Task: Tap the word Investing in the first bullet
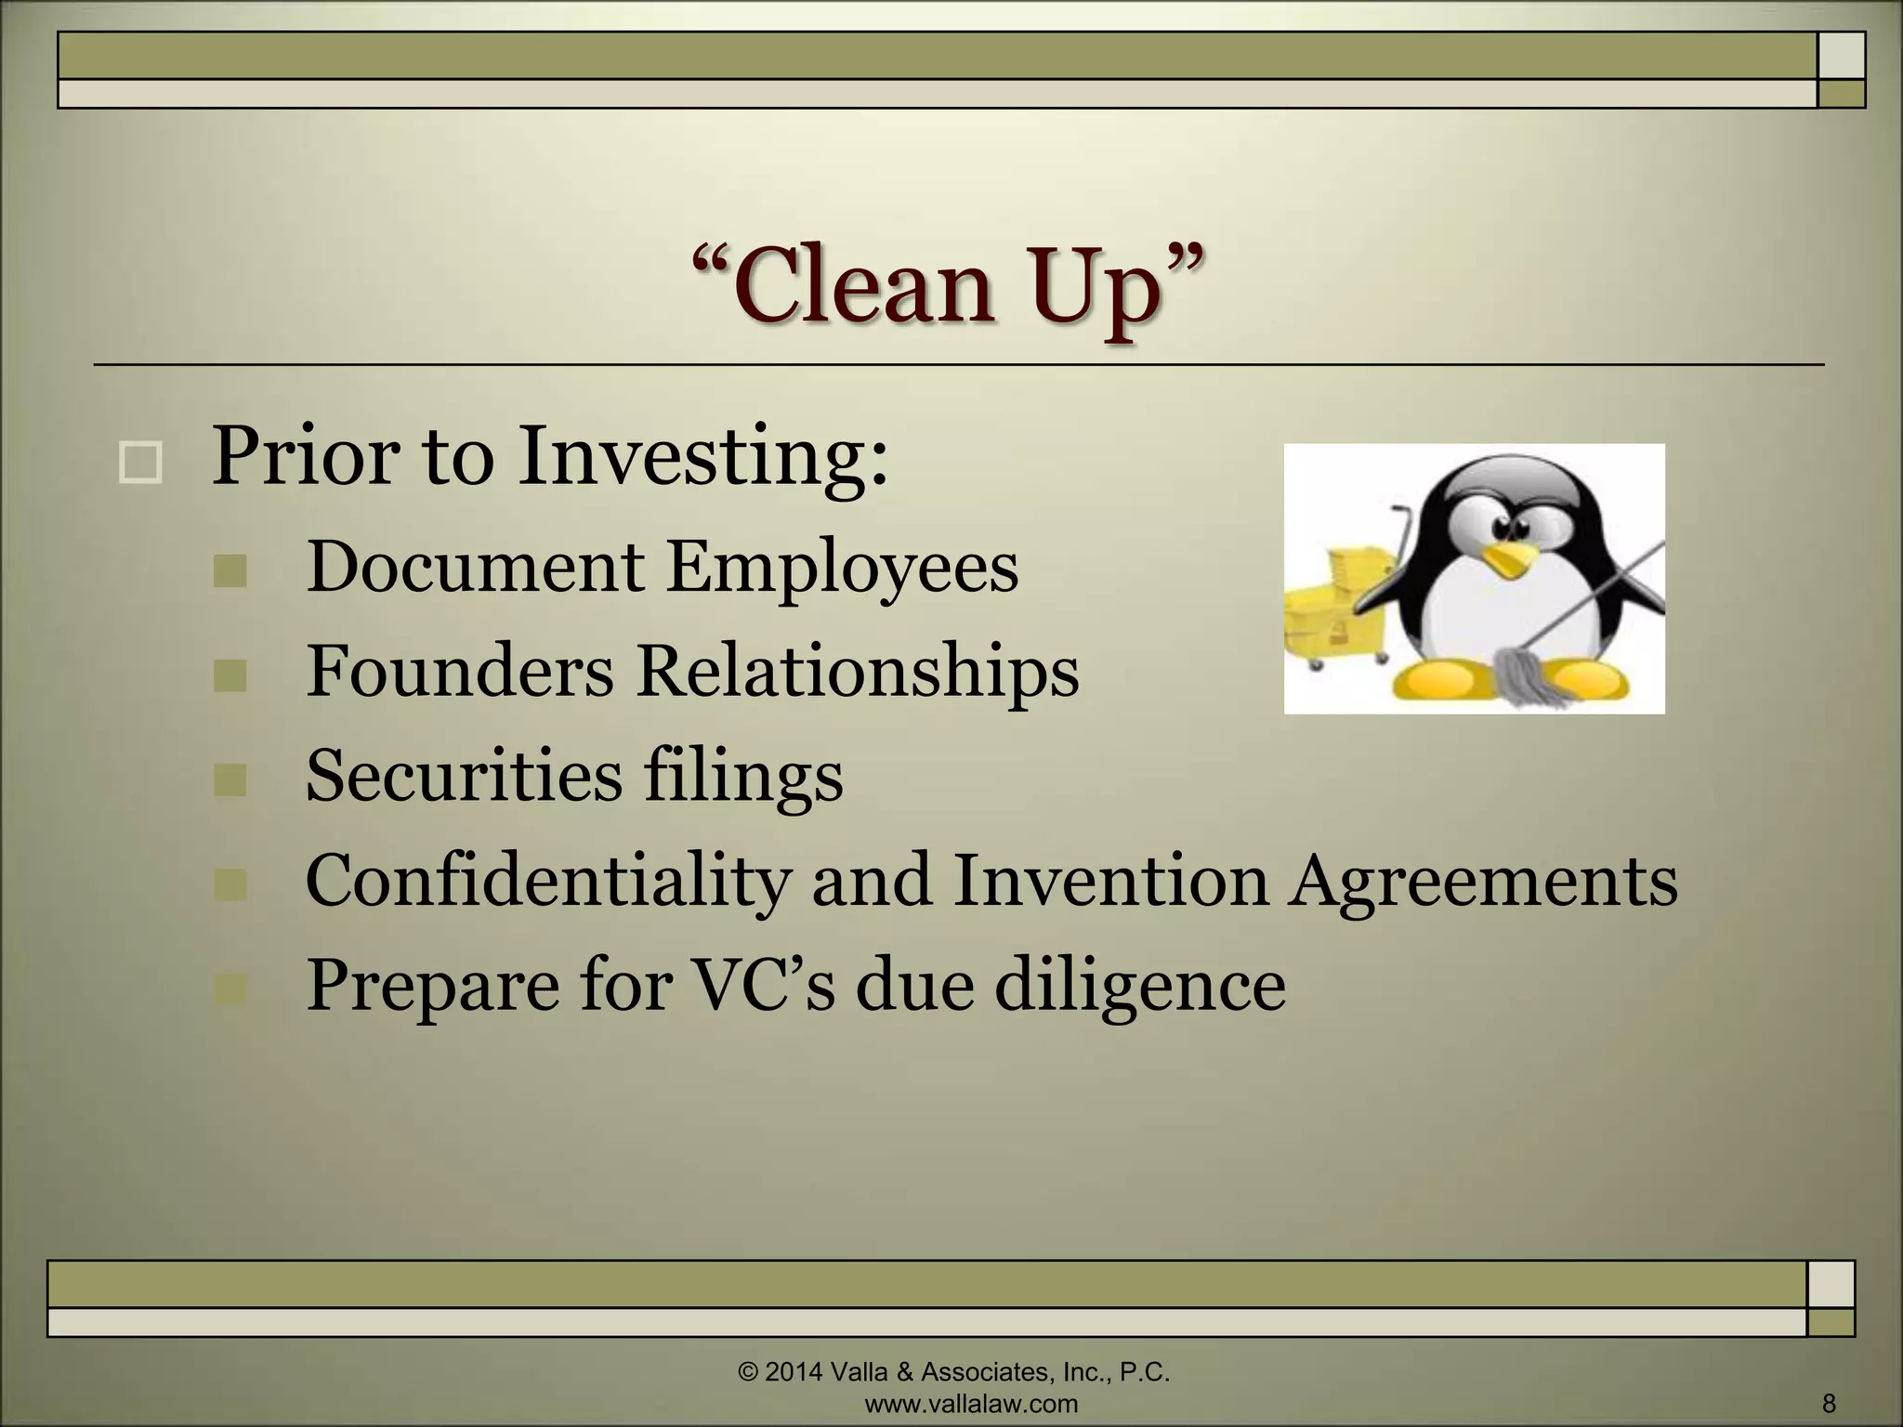[x=702, y=456]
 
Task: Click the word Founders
[x=459, y=671]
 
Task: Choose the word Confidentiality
[x=546, y=881]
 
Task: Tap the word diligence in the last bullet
[x=1140, y=985]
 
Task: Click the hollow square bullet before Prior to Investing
[x=140, y=462]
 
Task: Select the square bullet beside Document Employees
[x=230, y=571]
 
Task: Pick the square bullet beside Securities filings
[x=230, y=780]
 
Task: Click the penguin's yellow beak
[x=1506, y=558]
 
